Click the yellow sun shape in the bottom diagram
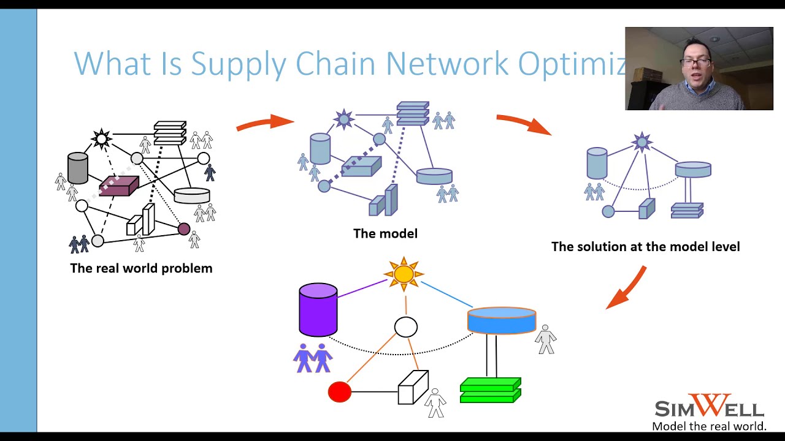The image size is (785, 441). coord(404,274)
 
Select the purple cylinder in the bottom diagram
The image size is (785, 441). coord(318,311)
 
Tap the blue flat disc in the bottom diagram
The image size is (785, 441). coord(501,320)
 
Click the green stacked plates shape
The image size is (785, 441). coord(490,390)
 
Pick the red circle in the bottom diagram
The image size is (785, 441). coord(340,392)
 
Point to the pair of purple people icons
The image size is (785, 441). coord(313,358)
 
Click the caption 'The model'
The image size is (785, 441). coord(385,233)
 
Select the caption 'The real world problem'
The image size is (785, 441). coord(141,268)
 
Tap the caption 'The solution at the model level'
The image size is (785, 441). coord(645,247)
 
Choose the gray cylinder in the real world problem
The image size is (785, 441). coord(78,168)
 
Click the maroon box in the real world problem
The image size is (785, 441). coord(119,186)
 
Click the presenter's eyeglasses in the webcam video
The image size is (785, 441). coord(696,62)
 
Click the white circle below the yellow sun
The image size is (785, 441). coord(405,327)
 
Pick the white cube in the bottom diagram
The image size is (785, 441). coord(413,387)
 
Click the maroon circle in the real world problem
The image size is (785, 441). coord(184,229)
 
